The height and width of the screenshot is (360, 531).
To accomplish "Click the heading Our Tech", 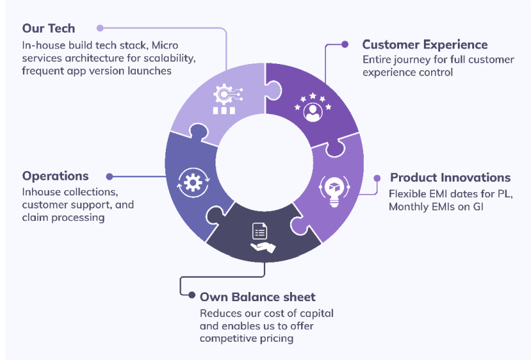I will (x=48, y=28).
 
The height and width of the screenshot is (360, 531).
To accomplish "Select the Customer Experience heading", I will (x=425, y=44).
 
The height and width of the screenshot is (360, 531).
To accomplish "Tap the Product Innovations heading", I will (x=450, y=177).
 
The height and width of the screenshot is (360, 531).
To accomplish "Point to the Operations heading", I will (x=56, y=176).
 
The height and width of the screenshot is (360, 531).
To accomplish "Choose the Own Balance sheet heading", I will (x=257, y=297).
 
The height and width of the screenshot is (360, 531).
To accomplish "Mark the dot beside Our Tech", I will (x=100, y=28).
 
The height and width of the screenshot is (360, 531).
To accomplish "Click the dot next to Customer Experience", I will (x=346, y=45).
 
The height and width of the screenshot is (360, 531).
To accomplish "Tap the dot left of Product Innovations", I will (x=377, y=177).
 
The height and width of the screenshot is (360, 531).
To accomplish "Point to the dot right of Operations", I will (x=109, y=176).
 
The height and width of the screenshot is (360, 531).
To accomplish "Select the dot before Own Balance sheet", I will (x=191, y=297).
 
